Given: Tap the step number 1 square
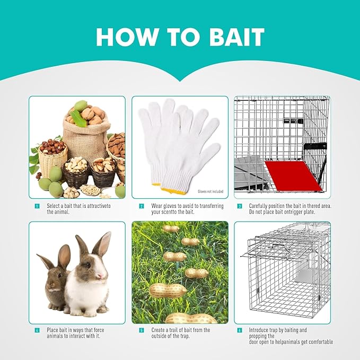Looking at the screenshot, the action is point(37,206).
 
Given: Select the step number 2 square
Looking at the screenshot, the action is point(142,206).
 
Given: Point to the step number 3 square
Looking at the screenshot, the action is point(240,206).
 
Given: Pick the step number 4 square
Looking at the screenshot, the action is point(37,330).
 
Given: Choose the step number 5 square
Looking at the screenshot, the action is point(142,330).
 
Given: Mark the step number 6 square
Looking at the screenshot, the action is point(240,330).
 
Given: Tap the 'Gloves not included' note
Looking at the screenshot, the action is point(210,191).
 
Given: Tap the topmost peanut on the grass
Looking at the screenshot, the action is point(171,229).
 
